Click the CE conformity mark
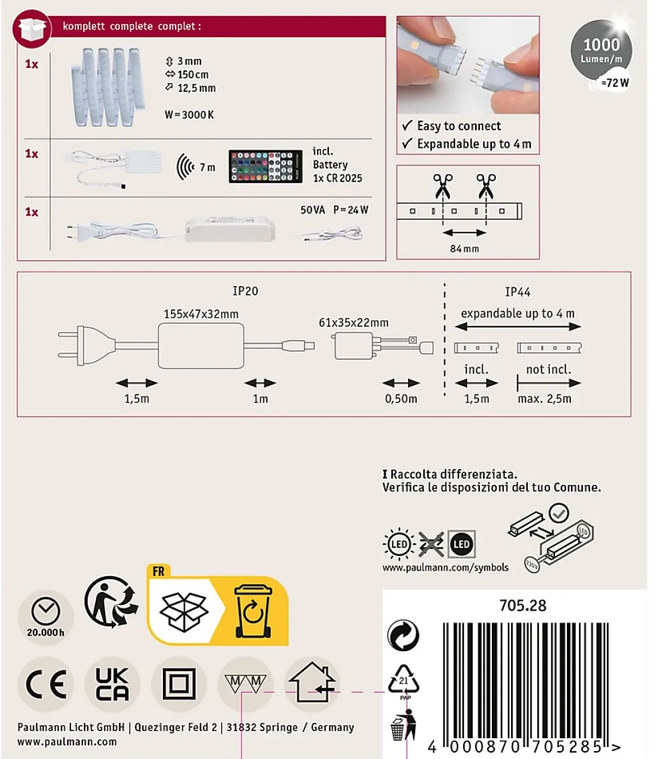(46, 684)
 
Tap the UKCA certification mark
(113, 684)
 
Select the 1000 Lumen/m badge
(602, 50)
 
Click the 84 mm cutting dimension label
(464, 249)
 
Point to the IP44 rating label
(517, 292)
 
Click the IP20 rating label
(245, 291)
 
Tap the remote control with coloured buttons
(265, 167)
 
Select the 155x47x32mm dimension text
(201, 314)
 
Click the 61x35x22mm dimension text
(354, 323)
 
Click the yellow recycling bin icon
(253, 612)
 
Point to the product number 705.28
(523, 606)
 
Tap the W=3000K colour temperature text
(189, 115)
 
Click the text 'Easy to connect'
(459, 126)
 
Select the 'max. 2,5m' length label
(544, 399)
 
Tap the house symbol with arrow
(312, 683)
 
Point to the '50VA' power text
(312, 210)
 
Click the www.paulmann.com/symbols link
(446, 568)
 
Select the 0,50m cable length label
(401, 399)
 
